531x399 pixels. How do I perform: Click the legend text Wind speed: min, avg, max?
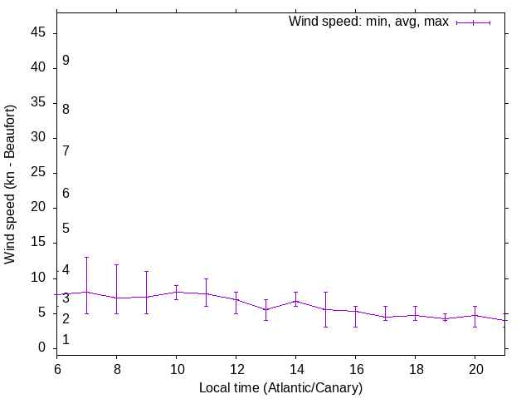[368, 22]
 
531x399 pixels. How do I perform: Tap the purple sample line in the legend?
[473, 22]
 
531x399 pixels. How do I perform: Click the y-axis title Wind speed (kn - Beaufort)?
[11, 185]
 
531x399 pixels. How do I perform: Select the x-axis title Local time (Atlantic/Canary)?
[280, 387]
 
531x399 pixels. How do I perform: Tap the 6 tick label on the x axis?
[57, 368]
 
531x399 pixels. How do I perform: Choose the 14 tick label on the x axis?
[295, 368]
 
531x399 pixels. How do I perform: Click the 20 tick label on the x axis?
[475, 368]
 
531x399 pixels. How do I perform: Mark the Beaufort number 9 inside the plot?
[66, 61]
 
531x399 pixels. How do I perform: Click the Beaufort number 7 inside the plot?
[66, 151]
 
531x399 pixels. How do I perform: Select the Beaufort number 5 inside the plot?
[66, 229]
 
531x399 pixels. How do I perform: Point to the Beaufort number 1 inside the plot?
[66, 340]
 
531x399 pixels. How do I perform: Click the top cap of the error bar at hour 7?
[86, 257]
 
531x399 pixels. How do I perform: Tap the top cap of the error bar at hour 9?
[146, 271]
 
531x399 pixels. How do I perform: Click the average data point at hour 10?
[176, 292]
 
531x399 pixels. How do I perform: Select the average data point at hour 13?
[265, 309]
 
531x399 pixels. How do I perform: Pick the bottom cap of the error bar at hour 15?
[325, 327]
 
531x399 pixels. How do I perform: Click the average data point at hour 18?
[415, 315]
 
